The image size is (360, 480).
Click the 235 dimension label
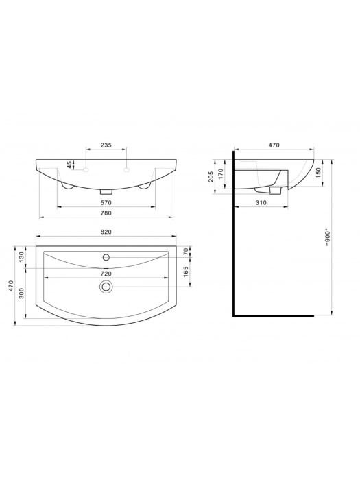pyautogui.click(x=106, y=145)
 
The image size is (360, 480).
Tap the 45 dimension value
pyautogui.click(x=70, y=165)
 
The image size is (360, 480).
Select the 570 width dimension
pyautogui.click(x=106, y=202)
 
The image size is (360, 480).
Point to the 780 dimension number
pyautogui.click(x=106, y=213)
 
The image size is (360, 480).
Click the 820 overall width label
pyautogui.click(x=106, y=232)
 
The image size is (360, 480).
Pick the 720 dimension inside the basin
pyautogui.click(x=106, y=274)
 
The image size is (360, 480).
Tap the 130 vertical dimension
pyautogui.click(x=21, y=257)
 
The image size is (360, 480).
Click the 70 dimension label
pyautogui.click(x=186, y=252)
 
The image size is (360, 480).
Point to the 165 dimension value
pyautogui.click(x=186, y=272)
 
